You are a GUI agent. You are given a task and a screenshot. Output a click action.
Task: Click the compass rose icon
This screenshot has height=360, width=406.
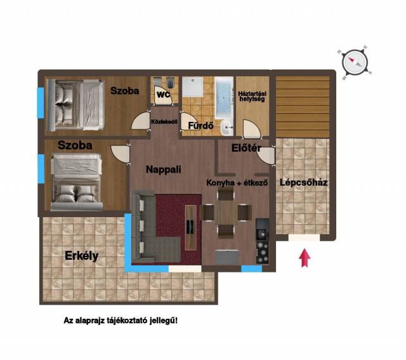point(355,62)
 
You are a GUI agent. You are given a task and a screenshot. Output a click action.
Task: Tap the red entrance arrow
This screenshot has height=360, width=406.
point(304,258)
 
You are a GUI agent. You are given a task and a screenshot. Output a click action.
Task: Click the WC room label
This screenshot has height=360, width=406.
point(164,95)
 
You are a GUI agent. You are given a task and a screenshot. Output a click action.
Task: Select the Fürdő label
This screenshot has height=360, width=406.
point(200,126)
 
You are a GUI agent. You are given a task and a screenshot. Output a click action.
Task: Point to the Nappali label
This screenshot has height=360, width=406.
point(164,170)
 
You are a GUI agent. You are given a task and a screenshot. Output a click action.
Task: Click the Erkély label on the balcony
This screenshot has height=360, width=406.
point(82,256)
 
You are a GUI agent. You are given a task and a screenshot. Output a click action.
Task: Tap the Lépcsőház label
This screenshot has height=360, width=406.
point(303,182)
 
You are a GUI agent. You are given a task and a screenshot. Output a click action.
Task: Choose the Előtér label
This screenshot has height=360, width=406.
point(246,148)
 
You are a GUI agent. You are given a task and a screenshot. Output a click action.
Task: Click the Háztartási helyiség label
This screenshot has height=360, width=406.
point(252,96)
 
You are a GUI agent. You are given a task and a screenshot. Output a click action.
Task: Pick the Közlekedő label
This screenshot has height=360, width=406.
point(164,121)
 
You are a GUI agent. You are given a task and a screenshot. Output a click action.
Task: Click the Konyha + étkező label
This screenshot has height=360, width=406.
point(237,183)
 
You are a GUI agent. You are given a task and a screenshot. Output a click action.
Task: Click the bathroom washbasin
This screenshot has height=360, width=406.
point(227,128)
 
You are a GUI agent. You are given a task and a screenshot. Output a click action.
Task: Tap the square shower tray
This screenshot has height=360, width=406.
point(192,86)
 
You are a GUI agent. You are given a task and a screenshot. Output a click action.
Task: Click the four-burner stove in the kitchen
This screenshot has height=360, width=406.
point(262,252)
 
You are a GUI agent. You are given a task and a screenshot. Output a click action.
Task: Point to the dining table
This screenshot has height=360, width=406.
point(226,213)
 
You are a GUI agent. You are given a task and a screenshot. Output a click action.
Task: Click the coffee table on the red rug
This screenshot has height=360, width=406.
point(191,227)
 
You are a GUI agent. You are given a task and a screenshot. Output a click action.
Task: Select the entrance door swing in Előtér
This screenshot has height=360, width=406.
point(266,155)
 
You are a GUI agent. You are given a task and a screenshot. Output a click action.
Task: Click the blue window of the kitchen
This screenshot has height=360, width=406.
point(251,269)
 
